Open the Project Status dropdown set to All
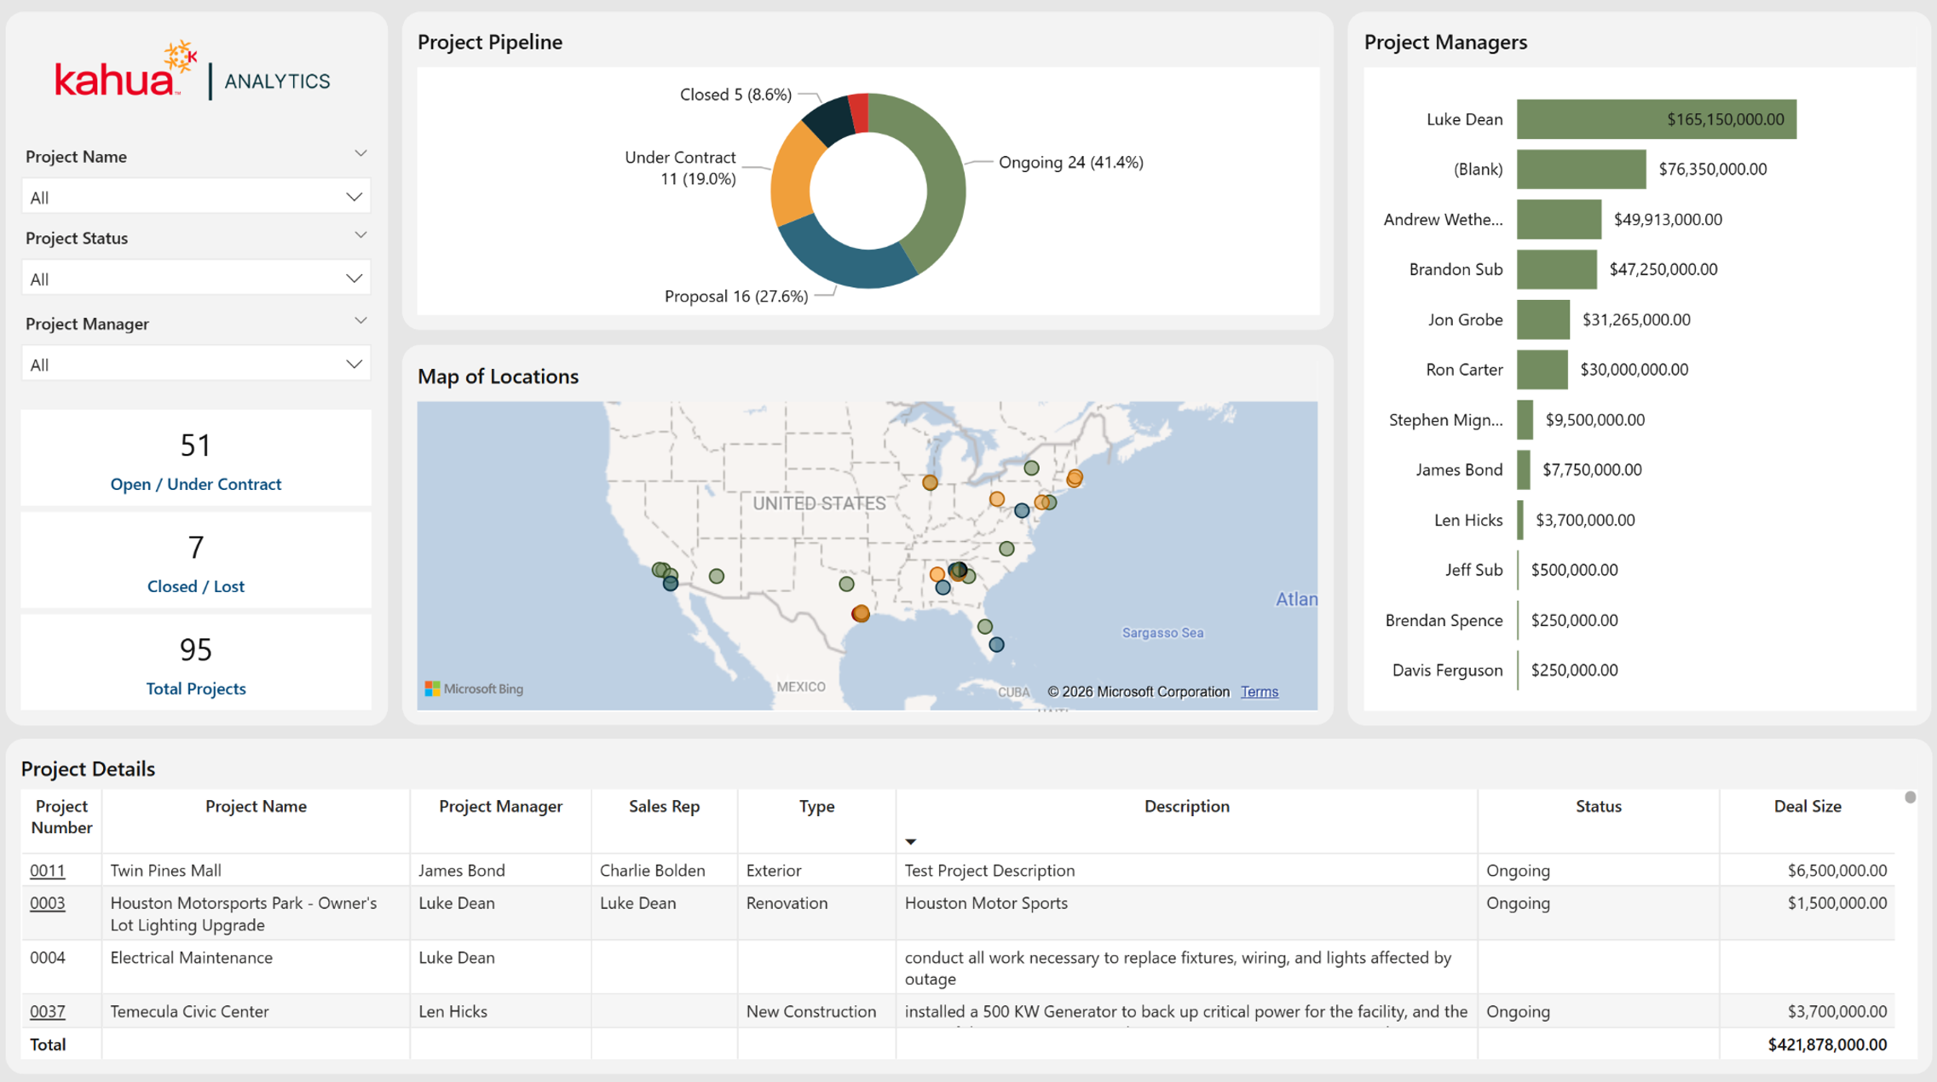click(x=196, y=279)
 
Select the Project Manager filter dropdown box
click(x=196, y=365)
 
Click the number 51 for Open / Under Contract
click(x=195, y=445)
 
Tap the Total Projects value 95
click(x=195, y=650)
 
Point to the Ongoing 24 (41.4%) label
click(x=1070, y=162)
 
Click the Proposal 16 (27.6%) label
click(x=735, y=296)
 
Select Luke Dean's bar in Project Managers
click(x=1656, y=119)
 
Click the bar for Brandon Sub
click(x=1556, y=269)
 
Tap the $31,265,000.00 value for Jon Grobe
click(x=1636, y=319)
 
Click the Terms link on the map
click(x=1259, y=692)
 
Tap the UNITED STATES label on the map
click(x=819, y=504)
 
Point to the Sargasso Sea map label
click(x=1162, y=632)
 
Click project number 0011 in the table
click(x=48, y=871)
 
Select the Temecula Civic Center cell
click(x=189, y=1011)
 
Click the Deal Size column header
click(x=1807, y=806)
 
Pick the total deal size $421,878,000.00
click(x=1827, y=1045)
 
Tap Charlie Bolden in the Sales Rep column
click(x=652, y=871)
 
